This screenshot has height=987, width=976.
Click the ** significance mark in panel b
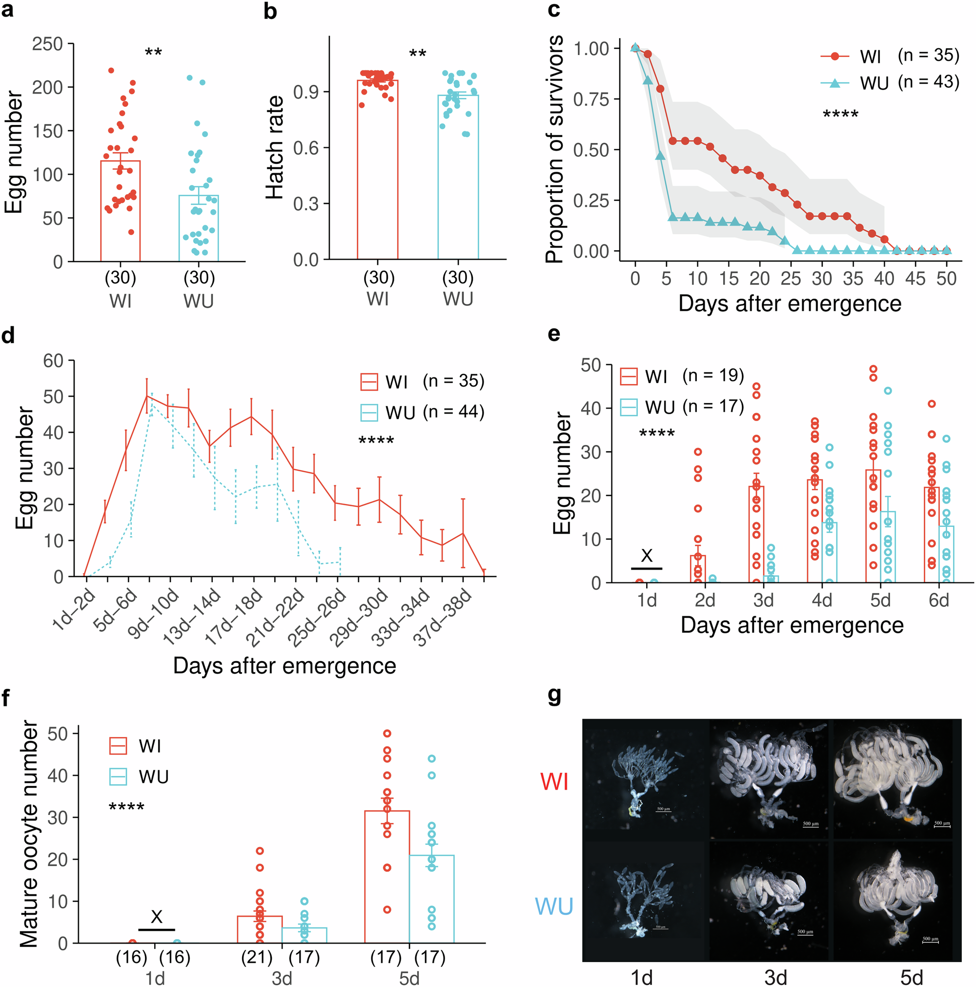(417, 54)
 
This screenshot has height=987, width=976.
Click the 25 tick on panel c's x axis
(791, 279)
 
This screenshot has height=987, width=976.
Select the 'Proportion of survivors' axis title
(554, 149)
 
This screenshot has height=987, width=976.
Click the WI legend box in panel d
(369, 382)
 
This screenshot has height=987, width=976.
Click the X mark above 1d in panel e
(647, 556)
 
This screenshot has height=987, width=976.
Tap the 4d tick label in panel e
(822, 600)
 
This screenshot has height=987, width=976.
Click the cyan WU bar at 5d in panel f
(431, 899)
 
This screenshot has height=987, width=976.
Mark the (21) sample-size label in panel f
(257, 957)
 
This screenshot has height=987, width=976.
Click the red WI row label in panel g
(554, 782)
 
